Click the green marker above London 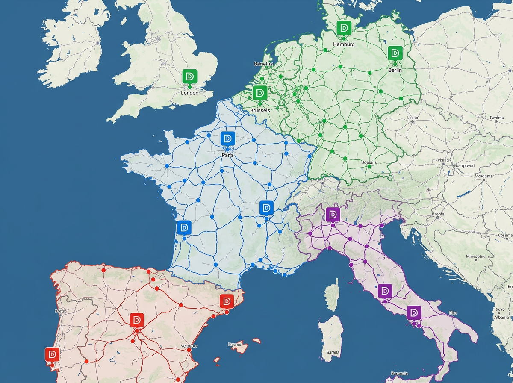coord(189,77)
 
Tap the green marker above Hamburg coord(344,28)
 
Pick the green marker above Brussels coord(259,92)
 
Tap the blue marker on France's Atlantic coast coord(184,227)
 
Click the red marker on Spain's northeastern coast coord(226,301)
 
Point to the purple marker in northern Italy coord(332,214)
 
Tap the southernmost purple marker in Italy coord(413,313)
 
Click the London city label coord(190,93)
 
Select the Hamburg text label coord(344,44)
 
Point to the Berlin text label coord(395,70)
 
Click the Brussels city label coord(260,110)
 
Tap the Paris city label coord(227,155)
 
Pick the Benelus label coord(263,64)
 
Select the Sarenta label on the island coord(333,353)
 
